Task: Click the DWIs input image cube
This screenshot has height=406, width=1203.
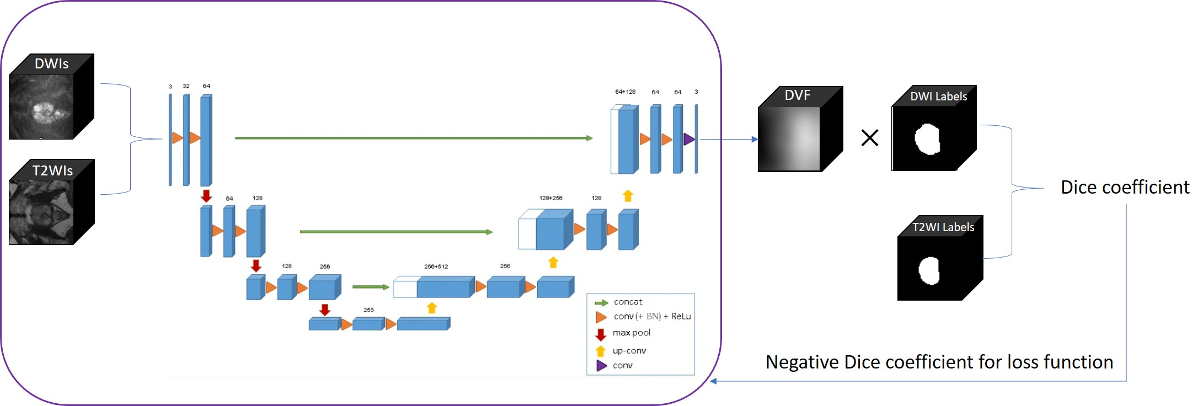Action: point(51,97)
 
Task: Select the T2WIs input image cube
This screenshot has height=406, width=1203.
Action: point(51,202)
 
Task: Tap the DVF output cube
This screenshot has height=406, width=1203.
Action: point(800,130)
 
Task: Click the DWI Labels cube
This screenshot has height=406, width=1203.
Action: point(933,129)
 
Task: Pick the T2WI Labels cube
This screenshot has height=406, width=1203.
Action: point(940,259)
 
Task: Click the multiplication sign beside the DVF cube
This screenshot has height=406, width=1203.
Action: point(869,137)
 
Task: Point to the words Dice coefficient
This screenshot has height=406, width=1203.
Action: point(1125,188)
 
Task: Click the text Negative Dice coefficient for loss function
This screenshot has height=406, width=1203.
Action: point(939,362)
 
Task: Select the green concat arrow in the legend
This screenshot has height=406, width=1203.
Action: point(601,303)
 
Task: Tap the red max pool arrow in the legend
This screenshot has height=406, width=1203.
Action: point(601,334)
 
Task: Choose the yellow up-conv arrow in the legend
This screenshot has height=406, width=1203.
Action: point(601,351)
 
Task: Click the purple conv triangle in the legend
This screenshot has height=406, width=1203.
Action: point(601,365)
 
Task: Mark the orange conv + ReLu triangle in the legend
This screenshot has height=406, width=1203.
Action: point(601,317)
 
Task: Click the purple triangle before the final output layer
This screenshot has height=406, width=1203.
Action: point(689,139)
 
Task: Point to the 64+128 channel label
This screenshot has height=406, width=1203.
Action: point(625,92)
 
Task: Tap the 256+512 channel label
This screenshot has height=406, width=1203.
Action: point(436,266)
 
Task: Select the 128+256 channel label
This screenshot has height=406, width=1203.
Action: point(550,198)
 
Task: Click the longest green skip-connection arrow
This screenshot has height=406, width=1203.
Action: point(414,138)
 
